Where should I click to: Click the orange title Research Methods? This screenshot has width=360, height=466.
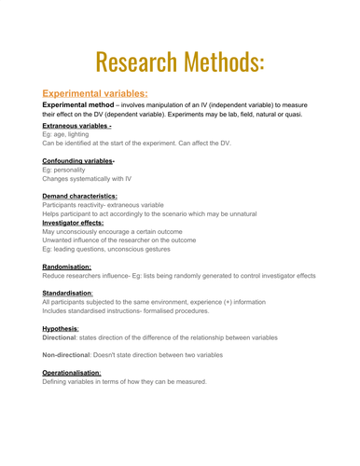click(180, 59)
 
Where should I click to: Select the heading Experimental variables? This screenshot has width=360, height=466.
click(95, 93)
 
